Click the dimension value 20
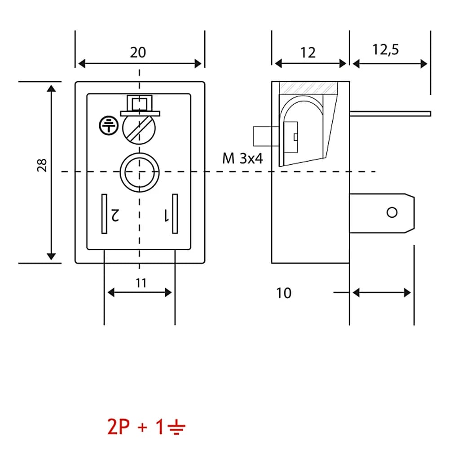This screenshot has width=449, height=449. [138, 53]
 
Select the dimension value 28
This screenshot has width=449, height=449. [42, 165]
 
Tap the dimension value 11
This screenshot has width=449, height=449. [141, 283]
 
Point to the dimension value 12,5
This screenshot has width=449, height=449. [385, 49]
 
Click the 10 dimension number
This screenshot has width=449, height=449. [284, 293]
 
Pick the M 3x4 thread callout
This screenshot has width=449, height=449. [242, 158]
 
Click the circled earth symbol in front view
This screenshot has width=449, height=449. [109, 125]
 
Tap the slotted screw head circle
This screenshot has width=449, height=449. [139, 128]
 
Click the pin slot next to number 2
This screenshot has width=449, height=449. [104, 214]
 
